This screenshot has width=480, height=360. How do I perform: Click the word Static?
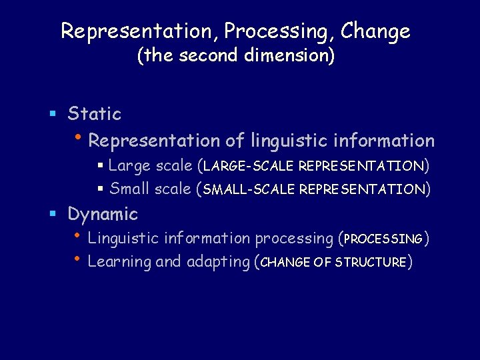[95, 114]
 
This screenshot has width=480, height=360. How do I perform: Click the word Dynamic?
[103, 214]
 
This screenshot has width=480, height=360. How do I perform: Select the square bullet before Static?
[53, 115]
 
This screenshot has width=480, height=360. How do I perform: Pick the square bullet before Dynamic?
[53, 215]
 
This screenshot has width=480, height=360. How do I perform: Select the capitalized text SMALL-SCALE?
[249, 190]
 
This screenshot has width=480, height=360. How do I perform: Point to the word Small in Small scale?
[130, 189]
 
